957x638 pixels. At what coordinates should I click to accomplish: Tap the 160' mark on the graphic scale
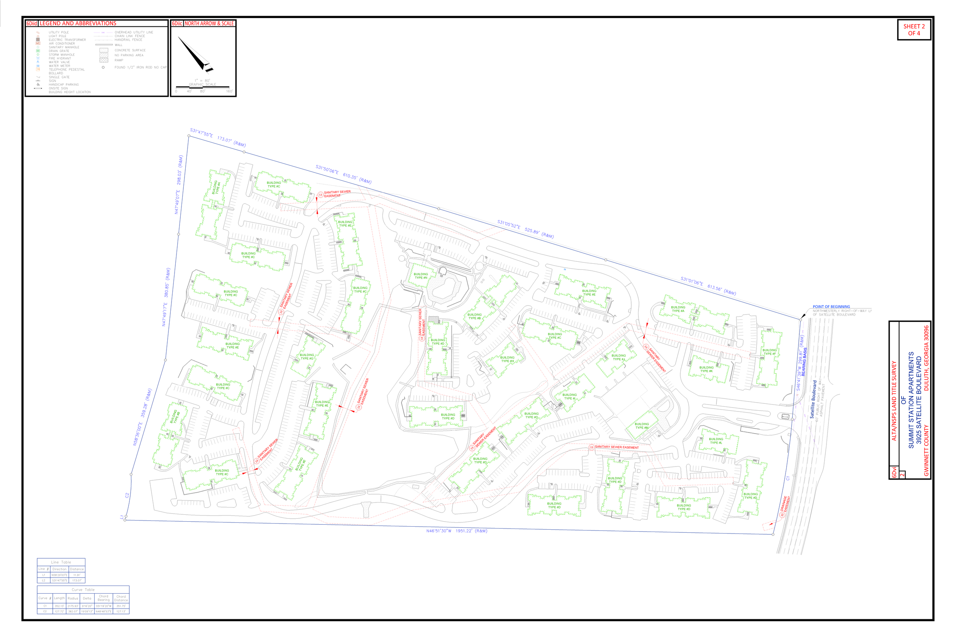pos(229,91)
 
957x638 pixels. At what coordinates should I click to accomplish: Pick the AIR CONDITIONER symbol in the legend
pos(38,44)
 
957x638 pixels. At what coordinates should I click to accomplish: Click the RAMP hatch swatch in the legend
pos(104,60)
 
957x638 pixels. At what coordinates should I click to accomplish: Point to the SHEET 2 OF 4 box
pos(913,30)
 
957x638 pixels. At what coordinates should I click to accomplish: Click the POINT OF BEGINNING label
pos(831,307)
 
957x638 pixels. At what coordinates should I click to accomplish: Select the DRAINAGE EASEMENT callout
pos(785,505)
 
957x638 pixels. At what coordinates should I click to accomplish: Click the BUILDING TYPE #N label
pos(421,276)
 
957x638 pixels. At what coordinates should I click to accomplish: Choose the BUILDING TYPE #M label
pos(642,426)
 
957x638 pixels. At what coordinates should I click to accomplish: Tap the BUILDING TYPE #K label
pos(706,369)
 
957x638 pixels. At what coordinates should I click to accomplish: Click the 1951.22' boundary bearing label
pos(457,531)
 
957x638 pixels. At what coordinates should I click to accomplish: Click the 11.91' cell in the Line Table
pos(77,575)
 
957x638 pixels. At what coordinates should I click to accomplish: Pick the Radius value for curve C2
pos(73,611)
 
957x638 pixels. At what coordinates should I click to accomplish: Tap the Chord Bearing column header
pos(103,598)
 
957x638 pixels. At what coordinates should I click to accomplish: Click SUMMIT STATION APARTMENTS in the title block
pos(911,400)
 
